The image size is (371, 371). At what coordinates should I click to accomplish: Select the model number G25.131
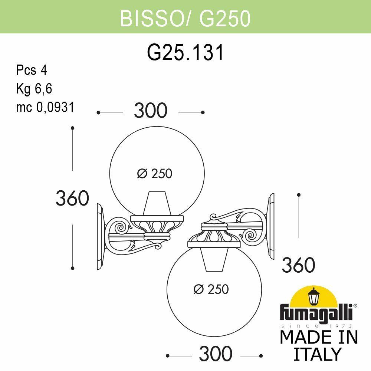185,53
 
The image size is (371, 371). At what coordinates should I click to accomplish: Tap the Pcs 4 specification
32,70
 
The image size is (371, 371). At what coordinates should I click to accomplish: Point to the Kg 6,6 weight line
34,89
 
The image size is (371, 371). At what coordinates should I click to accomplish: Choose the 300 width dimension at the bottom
216,354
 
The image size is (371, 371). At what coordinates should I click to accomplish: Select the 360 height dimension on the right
299,265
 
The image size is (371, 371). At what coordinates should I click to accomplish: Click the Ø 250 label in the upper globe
155,173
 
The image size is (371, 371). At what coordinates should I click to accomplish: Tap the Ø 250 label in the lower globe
211,289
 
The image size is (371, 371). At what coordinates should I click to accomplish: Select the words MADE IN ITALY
318,345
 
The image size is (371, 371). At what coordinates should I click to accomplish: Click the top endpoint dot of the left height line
73,128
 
